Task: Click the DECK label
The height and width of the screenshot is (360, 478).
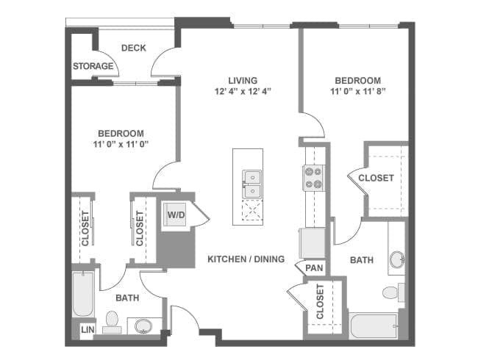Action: click(x=134, y=48)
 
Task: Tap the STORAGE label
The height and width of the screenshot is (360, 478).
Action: click(x=93, y=66)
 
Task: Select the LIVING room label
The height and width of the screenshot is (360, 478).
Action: click(x=243, y=80)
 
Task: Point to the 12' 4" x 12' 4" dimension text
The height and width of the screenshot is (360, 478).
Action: click(x=243, y=91)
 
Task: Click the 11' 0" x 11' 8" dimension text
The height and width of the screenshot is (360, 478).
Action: click(x=358, y=91)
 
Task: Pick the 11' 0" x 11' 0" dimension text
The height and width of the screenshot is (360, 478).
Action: click(x=121, y=144)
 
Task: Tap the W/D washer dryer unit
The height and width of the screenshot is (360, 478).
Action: click(x=175, y=215)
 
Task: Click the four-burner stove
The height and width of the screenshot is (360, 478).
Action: click(x=314, y=179)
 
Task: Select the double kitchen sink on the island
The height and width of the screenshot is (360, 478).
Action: click(x=252, y=184)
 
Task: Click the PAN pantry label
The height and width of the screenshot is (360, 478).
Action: click(x=314, y=268)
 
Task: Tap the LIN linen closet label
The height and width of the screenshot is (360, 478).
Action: click(x=88, y=329)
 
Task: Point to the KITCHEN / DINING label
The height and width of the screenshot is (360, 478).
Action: click(x=246, y=259)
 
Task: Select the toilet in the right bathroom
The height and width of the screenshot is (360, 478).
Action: click(x=393, y=292)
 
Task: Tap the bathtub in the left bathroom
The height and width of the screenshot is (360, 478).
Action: click(x=83, y=295)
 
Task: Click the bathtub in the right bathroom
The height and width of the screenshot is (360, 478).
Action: click(x=374, y=326)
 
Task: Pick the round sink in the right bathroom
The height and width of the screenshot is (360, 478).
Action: click(x=398, y=259)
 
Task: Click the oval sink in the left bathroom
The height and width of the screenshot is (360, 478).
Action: click(x=143, y=325)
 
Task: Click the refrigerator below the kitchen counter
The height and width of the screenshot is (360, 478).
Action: click(x=313, y=243)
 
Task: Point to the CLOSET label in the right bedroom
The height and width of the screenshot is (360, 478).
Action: click(x=377, y=179)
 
